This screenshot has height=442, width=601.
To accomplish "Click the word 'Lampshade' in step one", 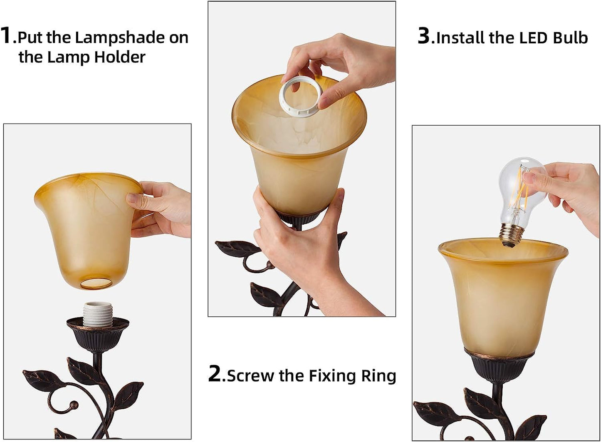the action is (119, 38).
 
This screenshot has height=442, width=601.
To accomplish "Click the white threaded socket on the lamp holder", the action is (96, 314).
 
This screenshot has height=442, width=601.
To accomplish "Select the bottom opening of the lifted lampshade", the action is (96, 283).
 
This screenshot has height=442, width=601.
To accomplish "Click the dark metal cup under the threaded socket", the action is (98, 336).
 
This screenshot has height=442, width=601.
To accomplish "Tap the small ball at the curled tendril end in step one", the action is (74, 405).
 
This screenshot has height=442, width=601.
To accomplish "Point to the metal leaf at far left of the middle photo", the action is (237, 248).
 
